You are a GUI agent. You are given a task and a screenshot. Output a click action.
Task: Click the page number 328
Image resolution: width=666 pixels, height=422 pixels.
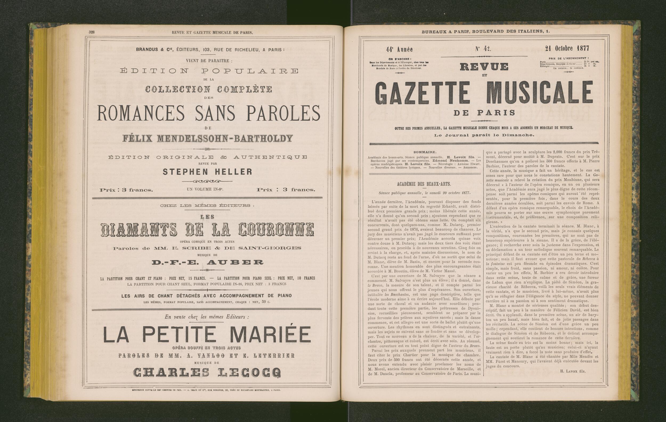click(x=92, y=32)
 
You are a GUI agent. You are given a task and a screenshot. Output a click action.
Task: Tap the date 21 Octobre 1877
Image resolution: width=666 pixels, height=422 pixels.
click(x=567, y=48)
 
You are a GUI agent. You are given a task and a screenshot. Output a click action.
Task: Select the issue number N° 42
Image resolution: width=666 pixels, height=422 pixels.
click(x=483, y=49)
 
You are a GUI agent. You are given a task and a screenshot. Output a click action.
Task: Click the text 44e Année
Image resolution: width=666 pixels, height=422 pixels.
click(x=399, y=50)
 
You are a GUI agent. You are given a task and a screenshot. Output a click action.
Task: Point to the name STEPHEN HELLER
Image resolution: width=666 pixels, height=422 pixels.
click(x=208, y=172)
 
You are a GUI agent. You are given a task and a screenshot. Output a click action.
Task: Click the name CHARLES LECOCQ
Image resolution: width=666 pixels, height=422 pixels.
click(x=207, y=373)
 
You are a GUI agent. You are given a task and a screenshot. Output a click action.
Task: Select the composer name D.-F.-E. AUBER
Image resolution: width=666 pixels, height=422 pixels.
click(x=208, y=262)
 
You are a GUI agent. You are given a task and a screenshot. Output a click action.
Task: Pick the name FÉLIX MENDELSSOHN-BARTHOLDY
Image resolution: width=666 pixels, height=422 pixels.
click(x=208, y=138)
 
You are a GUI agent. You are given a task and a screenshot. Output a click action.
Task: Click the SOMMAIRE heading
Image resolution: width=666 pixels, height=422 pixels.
click(x=425, y=152)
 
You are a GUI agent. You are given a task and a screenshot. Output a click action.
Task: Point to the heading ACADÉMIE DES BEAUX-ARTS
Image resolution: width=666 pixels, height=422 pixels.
click(x=424, y=184)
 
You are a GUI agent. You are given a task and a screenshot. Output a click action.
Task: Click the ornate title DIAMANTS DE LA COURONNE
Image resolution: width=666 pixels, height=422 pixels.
click(x=208, y=230)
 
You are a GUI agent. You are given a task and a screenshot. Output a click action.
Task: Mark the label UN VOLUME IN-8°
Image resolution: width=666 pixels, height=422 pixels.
click(x=205, y=190)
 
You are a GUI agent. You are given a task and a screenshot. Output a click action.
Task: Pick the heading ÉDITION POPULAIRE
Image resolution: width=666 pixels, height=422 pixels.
click(x=209, y=71)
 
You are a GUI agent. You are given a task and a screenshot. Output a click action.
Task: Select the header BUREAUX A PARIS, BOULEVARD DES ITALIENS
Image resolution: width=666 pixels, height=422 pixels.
click(x=486, y=31)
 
